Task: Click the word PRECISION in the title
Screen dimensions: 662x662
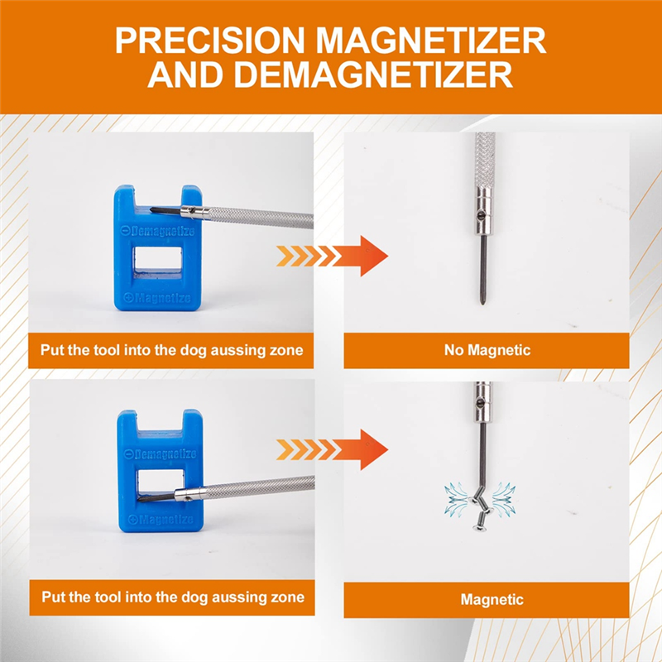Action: pyautogui.click(x=210, y=40)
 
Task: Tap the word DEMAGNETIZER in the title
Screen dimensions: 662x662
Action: pyautogui.click(x=373, y=74)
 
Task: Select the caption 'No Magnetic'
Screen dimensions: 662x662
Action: pyautogui.click(x=487, y=350)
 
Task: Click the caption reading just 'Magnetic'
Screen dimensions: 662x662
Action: pyautogui.click(x=492, y=599)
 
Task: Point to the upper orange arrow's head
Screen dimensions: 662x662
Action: pyautogui.click(x=374, y=256)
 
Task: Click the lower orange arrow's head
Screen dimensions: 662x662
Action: pyautogui.click(x=374, y=449)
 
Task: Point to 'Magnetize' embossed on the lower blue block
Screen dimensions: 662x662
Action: pyautogui.click(x=161, y=519)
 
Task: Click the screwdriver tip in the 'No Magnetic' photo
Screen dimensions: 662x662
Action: pyautogui.click(x=482, y=301)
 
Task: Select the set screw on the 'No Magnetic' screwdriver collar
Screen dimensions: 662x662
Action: pyautogui.click(x=481, y=216)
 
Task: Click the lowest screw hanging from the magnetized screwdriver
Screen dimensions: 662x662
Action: pyautogui.click(x=481, y=525)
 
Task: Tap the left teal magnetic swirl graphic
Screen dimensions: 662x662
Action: pyautogui.click(x=456, y=499)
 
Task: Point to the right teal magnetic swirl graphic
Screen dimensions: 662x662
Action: pyautogui.click(x=504, y=499)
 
